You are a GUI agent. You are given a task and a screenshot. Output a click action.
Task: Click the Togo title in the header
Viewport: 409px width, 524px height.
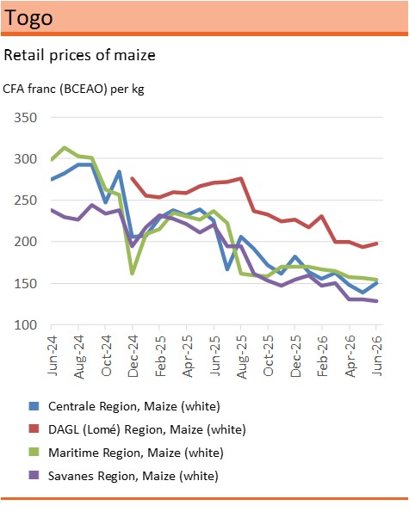pyautogui.click(x=28, y=18)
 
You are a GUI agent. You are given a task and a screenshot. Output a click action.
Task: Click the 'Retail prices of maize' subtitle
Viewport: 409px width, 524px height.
pyautogui.click(x=79, y=55)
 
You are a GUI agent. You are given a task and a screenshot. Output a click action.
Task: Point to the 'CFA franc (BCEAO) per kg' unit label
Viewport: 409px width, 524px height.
pyautogui.click(x=73, y=89)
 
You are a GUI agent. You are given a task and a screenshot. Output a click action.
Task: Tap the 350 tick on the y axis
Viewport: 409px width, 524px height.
pyautogui.click(x=26, y=118)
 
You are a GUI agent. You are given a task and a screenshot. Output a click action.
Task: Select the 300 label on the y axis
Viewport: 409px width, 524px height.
pyautogui.click(x=26, y=158)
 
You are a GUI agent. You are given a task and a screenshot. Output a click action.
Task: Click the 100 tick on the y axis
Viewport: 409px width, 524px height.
pyautogui.click(x=26, y=325)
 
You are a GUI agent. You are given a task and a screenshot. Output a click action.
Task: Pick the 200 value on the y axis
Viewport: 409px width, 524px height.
pyautogui.click(x=26, y=242)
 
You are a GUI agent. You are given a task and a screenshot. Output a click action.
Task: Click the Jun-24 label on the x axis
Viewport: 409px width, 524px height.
pyautogui.click(x=53, y=355)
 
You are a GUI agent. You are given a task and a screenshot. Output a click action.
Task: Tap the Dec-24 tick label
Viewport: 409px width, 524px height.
pyautogui.click(x=133, y=356)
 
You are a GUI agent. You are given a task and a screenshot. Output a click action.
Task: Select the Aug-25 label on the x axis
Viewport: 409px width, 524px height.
pyautogui.click(x=242, y=357)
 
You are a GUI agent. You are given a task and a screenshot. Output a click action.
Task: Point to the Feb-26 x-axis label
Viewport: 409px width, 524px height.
pyautogui.click(x=323, y=356)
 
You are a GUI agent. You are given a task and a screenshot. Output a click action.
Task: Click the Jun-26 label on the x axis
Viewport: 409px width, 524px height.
pyautogui.click(x=377, y=355)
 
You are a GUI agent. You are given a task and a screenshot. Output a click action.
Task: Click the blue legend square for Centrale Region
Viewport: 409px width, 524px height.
pyautogui.click(x=34, y=406)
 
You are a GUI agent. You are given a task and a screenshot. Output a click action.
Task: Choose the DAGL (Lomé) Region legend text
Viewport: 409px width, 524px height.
pyautogui.click(x=147, y=429)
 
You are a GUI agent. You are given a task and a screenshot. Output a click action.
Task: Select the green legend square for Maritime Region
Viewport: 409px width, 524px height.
pyautogui.click(x=34, y=452)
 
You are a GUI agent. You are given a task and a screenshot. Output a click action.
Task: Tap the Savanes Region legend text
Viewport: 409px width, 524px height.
pyautogui.click(x=133, y=476)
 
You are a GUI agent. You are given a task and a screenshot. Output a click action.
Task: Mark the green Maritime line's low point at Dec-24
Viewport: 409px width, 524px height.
pyautogui.click(x=133, y=274)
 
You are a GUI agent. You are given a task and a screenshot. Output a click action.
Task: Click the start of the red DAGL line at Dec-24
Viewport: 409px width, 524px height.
pyautogui.click(x=133, y=178)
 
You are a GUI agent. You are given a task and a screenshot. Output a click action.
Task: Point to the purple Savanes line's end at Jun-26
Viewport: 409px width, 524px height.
pyautogui.click(x=376, y=301)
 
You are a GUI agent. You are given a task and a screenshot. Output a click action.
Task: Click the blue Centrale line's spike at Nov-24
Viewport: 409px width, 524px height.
pyautogui.click(x=119, y=172)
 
